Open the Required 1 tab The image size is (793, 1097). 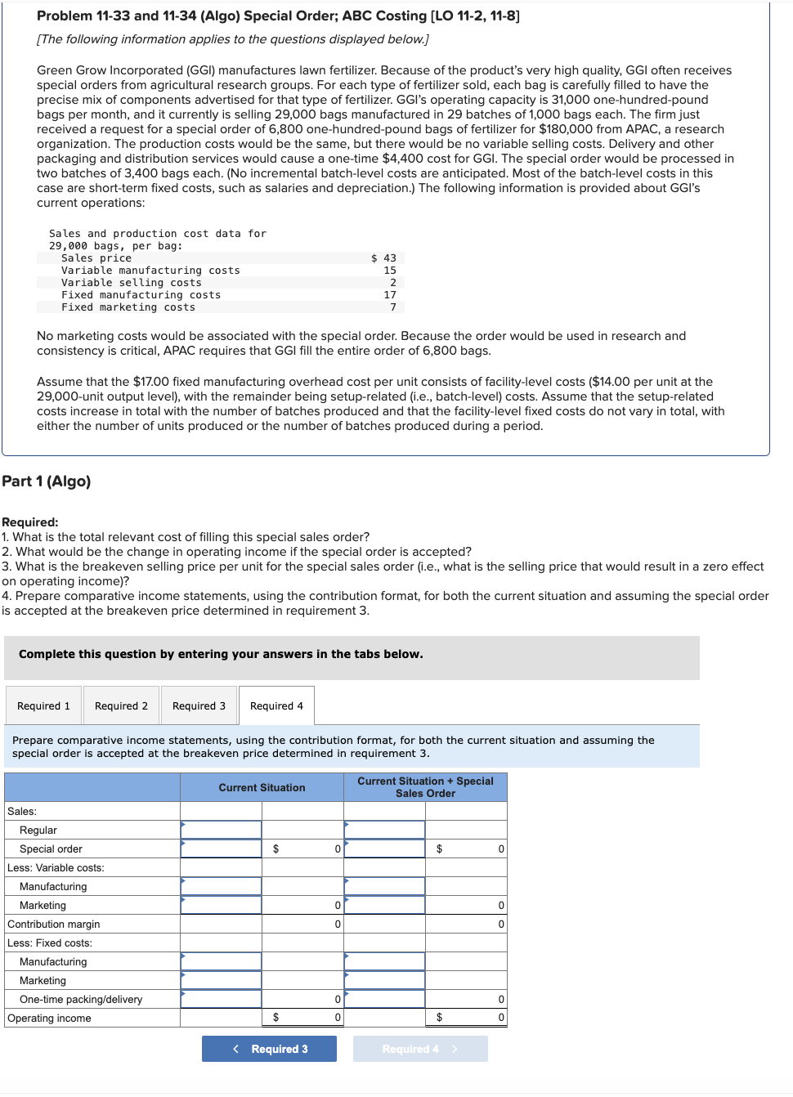coord(43,705)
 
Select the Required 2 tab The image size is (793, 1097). coord(121,705)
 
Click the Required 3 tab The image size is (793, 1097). coord(199,705)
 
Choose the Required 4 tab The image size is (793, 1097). coord(276,705)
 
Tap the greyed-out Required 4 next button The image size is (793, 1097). coord(420,1049)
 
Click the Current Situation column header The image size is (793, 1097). coord(262,787)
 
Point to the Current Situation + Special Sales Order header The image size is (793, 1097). coord(425,787)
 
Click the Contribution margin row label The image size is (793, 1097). coord(54,924)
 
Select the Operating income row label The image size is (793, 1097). coord(49,1018)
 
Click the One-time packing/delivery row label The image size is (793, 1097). coord(81,999)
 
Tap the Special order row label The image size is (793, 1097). coord(51,848)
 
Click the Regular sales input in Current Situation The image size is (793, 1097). coord(221,830)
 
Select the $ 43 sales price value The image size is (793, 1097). coord(384,258)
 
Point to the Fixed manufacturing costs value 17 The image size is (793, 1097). coord(390,295)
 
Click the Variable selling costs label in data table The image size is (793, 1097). coord(131,283)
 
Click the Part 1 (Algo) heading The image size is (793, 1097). coord(47,481)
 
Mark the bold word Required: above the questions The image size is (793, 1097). coord(30,522)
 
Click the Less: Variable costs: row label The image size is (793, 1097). coord(56,867)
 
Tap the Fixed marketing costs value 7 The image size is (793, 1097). coord(392,307)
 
